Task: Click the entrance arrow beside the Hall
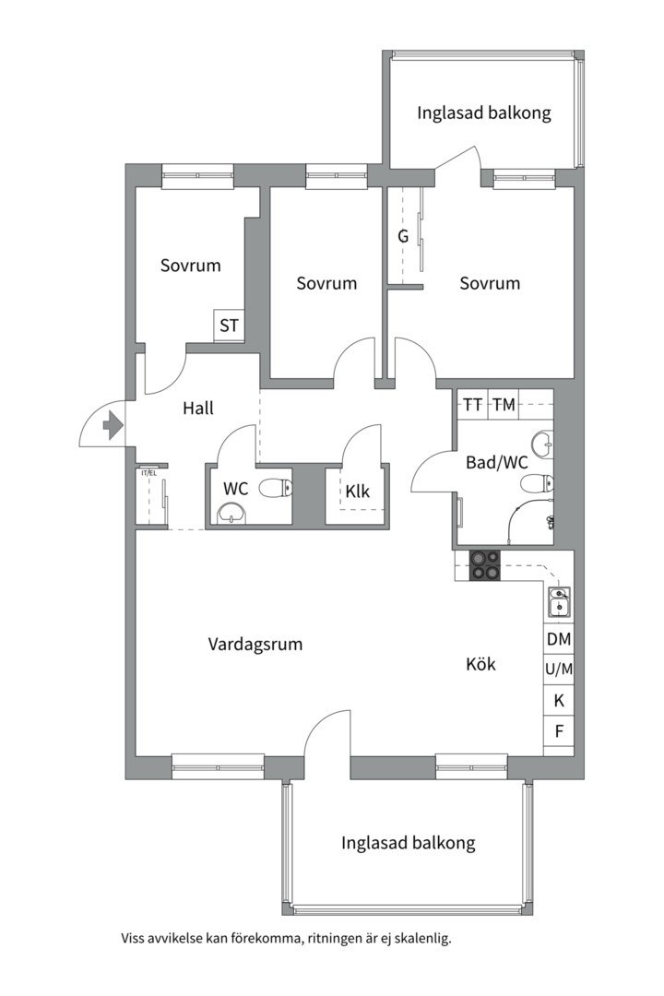(x=113, y=425)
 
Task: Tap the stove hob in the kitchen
(x=485, y=565)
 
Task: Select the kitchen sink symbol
(x=559, y=602)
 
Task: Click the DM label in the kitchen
(x=559, y=639)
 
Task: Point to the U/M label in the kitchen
(x=559, y=669)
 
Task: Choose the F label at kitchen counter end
(x=559, y=731)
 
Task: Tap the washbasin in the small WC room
(x=231, y=514)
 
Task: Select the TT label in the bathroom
(x=472, y=405)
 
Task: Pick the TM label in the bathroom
(x=504, y=405)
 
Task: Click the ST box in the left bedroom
(x=229, y=326)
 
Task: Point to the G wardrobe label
(x=403, y=236)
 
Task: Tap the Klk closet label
(x=357, y=491)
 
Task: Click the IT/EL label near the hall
(x=148, y=473)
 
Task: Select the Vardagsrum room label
(x=255, y=645)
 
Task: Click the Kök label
(x=481, y=664)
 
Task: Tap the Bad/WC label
(x=497, y=462)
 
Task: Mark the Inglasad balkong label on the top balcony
(x=484, y=113)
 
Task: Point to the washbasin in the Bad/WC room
(x=542, y=444)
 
